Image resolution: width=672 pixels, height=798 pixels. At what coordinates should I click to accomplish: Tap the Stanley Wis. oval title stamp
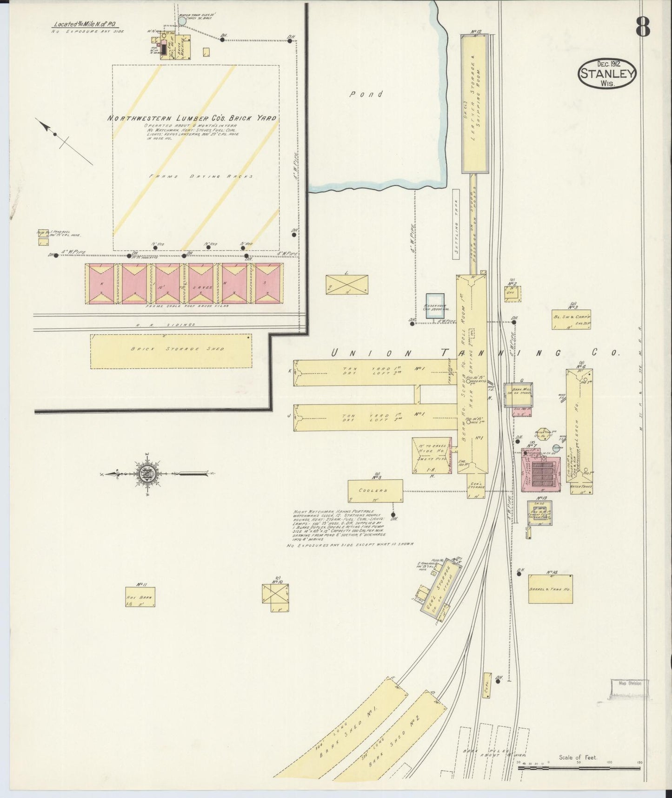(x=606, y=74)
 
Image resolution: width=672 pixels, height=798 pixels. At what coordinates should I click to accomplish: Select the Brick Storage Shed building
(x=171, y=351)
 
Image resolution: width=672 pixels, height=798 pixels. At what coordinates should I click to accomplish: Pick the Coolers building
(x=375, y=491)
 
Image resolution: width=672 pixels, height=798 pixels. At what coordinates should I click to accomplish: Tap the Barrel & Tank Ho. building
(x=550, y=589)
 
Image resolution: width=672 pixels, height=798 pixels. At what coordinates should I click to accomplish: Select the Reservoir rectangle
(x=435, y=306)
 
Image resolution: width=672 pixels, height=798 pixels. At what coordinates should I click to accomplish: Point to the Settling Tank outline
(x=456, y=224)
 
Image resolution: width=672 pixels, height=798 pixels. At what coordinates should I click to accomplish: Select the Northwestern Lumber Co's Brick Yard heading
(x=192, y=118)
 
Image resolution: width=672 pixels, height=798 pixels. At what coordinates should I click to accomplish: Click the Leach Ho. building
(x=579, y=431)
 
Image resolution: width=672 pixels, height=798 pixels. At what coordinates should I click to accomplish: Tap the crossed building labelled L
(x=347, y=284)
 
